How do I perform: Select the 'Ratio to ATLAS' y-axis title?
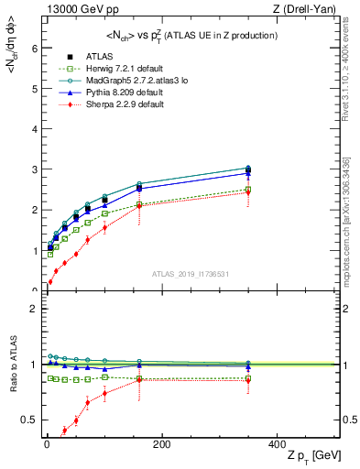click(x=13, y=365)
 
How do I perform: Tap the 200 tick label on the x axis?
click(x=161, y=443)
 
